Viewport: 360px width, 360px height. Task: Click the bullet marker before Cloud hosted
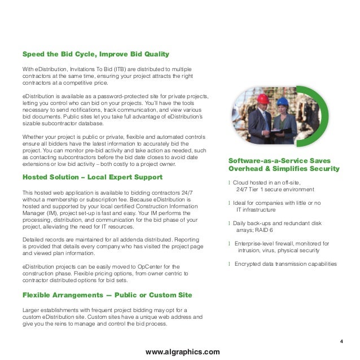click(x=229, y=183)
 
